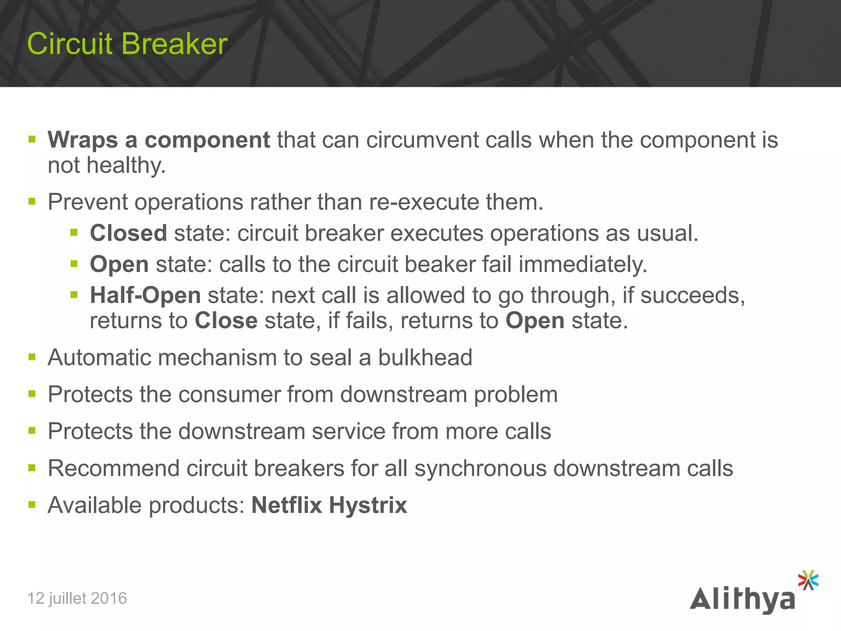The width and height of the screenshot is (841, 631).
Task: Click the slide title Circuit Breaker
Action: pyautogui.click(x=127, y=44)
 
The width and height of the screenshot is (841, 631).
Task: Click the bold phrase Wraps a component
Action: pyautogui.click(x=159, y=140)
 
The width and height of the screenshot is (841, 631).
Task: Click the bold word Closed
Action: pyautogui.click(x=128, y=233)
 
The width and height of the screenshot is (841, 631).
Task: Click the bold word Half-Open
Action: pyautogui.click(x=145, y=295)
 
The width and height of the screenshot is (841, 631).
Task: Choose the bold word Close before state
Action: pyautogui.click(x=226, y=320)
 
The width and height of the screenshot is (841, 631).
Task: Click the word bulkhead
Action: pyautogui.click(x=425, y=357)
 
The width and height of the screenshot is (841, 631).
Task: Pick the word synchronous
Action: pyautogui.click(x=480, y=468)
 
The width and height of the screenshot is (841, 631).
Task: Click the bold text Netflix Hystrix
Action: pyautogui.click(x=329, y=505)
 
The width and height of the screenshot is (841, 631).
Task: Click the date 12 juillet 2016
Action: pyautogui.click(x=77, y=598)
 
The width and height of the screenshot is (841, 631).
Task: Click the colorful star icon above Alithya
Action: pyautogui.click(x=808, y=580)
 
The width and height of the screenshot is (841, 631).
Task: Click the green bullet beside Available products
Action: pyautogui.click(x=32, y=504)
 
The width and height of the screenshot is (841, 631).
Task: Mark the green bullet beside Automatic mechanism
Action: pyautogui.click(x=32, y=357)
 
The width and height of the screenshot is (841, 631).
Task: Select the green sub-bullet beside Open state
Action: pyautogui.click(x=74, y=263)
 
